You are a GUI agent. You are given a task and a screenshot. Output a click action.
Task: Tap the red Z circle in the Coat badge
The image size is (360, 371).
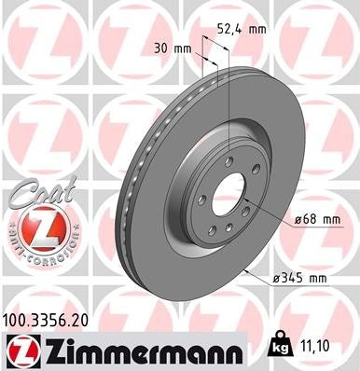(x=35, y=226)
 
